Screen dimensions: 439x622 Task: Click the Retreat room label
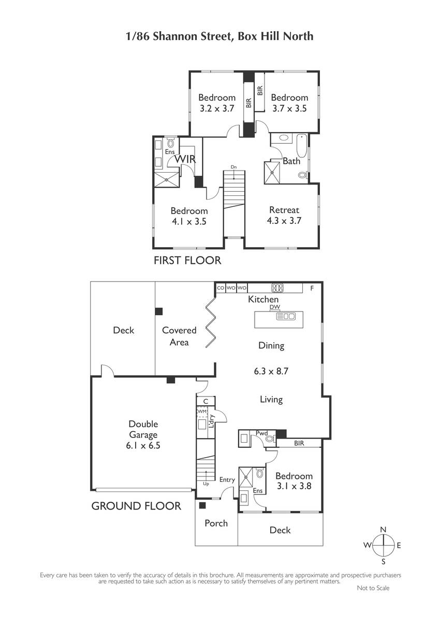284,210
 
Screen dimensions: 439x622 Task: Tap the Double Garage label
143,429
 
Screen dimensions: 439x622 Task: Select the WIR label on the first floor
185,159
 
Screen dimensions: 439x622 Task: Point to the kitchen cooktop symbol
277,288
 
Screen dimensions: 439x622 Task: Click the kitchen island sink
286,316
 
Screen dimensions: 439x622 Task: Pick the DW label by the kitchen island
275,307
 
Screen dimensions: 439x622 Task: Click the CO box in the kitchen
221,288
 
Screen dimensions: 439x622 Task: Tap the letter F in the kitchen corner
312,288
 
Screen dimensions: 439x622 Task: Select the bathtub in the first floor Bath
302,146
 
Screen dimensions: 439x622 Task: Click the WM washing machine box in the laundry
202,412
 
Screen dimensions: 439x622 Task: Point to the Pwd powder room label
261,433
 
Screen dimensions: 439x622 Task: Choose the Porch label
216,523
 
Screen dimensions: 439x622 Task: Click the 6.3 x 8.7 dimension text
271,371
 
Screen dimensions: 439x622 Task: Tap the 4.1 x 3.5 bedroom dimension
189,221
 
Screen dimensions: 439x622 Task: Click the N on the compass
383,529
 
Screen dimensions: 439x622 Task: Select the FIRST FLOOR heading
187,260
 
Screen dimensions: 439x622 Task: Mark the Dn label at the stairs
234,167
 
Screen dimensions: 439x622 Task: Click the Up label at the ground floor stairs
206,484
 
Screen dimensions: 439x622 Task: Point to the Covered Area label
179,336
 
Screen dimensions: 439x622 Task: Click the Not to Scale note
373,588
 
